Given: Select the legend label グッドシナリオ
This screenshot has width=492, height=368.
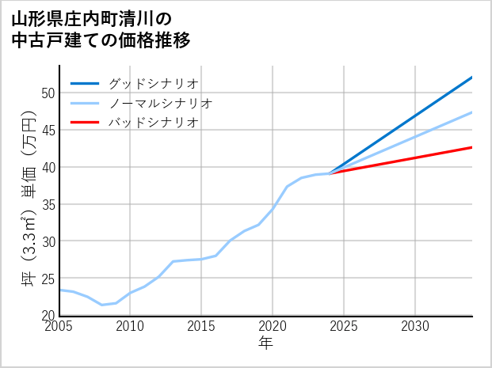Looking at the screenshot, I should click(x=153, y=83).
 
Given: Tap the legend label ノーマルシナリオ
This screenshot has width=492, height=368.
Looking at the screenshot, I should click(x=160, y=103).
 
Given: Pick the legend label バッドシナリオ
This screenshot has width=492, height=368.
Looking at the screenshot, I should click(x=153, y=123).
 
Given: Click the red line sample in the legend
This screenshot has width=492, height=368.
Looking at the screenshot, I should click(x=85, y=123).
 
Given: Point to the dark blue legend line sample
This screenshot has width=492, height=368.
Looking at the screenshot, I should click(x=85, y=83).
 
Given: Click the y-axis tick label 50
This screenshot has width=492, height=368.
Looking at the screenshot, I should click(x=48, y=93).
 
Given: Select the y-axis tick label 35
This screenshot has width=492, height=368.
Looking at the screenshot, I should click(x=48, y=204).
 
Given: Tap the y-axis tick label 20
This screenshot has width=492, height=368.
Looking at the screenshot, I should click(x=48, y=315).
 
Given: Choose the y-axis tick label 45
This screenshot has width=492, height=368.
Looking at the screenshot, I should click(x=48, y=130).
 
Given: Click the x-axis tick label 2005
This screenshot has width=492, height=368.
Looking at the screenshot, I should click(x=59, y=326).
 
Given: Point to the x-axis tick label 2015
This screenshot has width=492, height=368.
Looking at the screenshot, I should click(x=202, y=326).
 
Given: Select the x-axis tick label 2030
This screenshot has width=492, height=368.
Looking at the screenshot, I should click(x=415, y=326).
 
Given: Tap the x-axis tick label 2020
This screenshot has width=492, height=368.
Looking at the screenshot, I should click(x=273, y=326).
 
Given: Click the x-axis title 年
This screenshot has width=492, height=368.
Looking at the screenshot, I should click(x=266, y=343).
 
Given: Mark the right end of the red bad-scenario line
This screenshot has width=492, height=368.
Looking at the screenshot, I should click(x=471, y=147).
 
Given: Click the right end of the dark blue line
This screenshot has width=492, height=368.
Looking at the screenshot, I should click(x=471, y=78).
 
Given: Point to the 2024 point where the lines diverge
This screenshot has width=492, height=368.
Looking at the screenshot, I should click(x=330, y=173).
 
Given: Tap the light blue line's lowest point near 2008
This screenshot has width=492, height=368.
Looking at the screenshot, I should click(x=102, y=305).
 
